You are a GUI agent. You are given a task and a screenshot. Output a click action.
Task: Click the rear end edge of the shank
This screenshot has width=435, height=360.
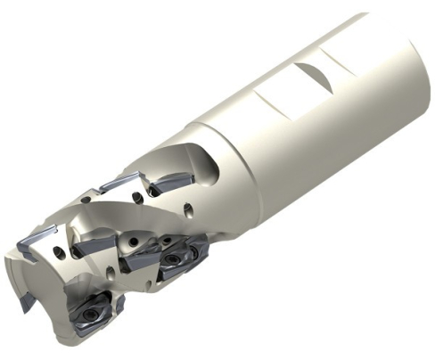pyautogui.click(x=420, y=53)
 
